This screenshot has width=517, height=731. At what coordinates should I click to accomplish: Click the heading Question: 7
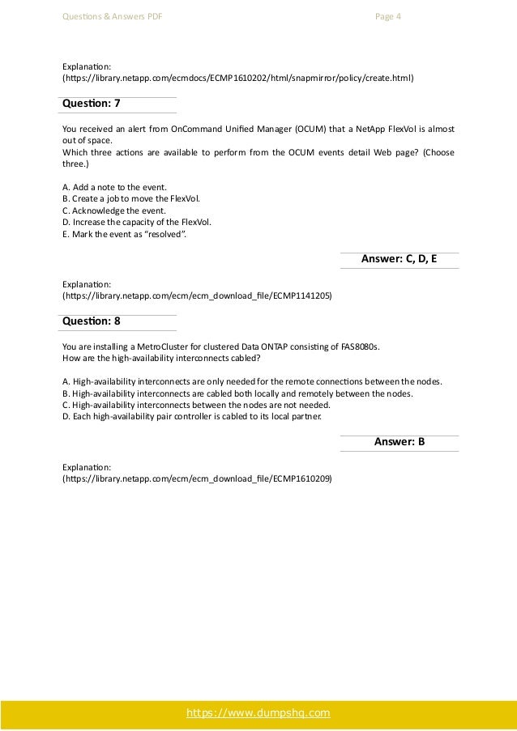(92, 104)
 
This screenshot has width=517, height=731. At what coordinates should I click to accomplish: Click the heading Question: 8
(92, 321)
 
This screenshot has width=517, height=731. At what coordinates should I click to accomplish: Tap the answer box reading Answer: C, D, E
(399, 259)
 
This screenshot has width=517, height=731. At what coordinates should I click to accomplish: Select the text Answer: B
(399, 441)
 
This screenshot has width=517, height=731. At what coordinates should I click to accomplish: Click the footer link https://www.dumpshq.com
(258, 713)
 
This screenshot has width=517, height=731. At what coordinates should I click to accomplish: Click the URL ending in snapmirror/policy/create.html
(238, 80)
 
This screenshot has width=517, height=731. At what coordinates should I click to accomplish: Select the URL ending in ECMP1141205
(197, 295)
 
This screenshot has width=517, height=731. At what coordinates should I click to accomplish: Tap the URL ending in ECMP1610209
(197, 478)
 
